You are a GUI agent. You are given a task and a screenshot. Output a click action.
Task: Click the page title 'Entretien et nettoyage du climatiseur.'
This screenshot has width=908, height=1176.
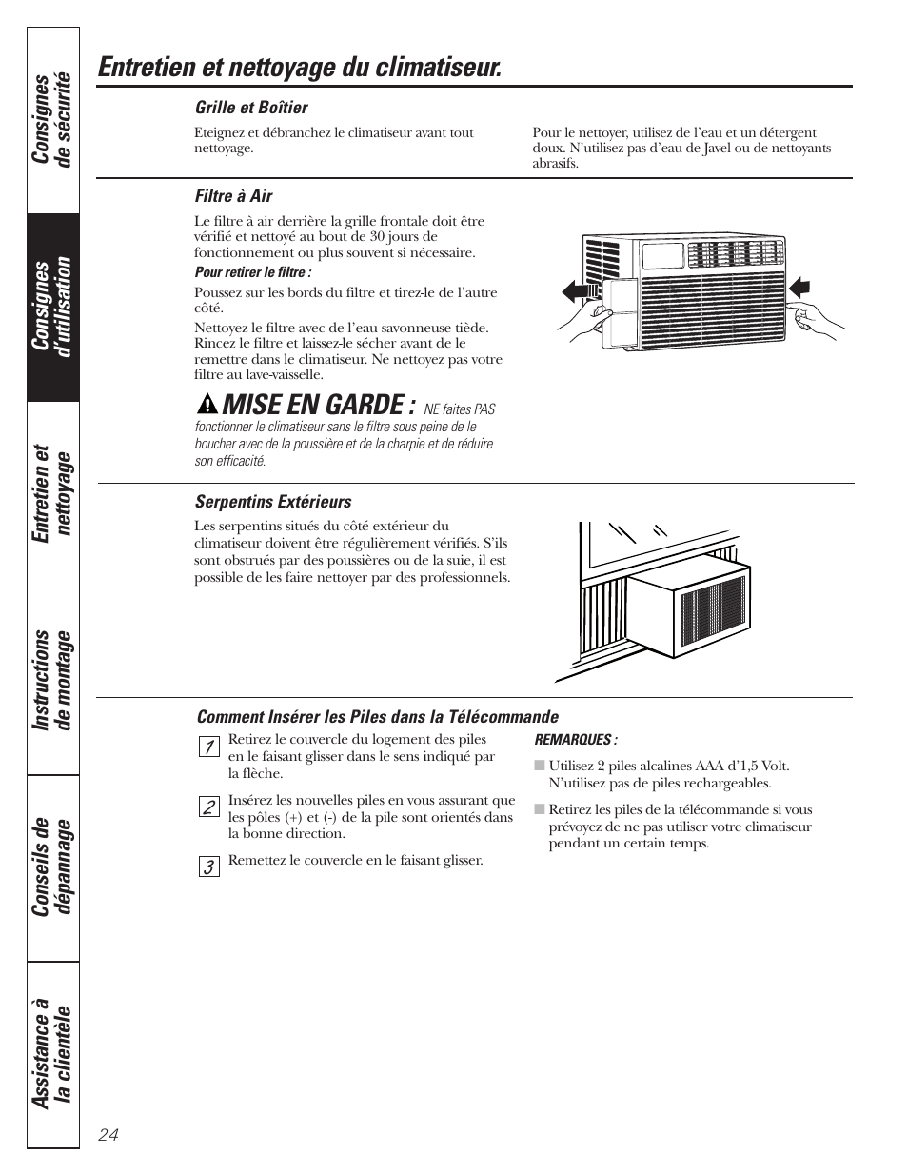(x=299, y=68)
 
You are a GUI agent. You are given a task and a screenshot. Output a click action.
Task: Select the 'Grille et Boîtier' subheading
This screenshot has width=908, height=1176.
(x=251, y=108)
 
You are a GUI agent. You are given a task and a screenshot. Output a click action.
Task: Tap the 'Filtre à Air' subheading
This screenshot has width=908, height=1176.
(x=233, y=196)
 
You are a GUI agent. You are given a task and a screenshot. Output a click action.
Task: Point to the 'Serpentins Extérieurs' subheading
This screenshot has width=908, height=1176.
(x=273, y=502)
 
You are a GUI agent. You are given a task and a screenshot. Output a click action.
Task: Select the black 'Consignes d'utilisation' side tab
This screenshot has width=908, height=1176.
(x=53, y=306)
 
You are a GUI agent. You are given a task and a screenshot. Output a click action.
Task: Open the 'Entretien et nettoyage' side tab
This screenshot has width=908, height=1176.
(x=53, y=493)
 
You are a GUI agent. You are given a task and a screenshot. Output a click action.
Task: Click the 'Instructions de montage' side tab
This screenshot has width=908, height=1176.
(x=53, y=680)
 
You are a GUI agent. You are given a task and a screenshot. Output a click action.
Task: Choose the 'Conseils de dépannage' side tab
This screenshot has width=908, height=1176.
(x=53, y=867)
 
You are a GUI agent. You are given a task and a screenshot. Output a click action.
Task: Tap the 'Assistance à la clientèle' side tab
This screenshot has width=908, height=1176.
(x=53, y=1053)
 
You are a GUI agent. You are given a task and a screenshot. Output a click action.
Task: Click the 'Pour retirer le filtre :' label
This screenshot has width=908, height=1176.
(x=253, y=272)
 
